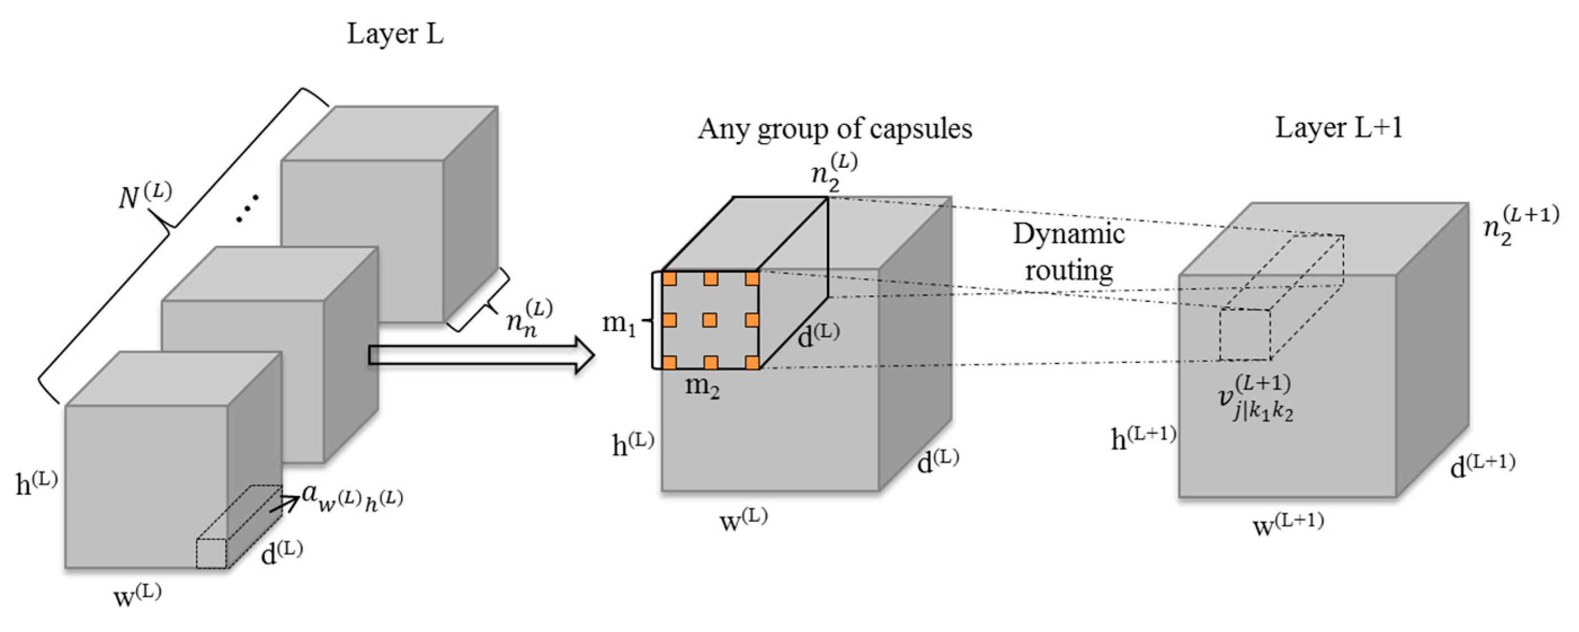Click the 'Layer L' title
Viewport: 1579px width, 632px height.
[x=395, y=34]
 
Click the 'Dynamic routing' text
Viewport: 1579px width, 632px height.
[x=1068, y=252]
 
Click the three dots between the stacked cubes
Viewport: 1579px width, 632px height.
[x=248, y=208]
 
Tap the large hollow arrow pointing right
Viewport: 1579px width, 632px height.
[x=481, y=355]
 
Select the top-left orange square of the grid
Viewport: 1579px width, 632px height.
[x=670, y=279]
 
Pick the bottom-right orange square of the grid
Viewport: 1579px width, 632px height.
[x=752, y=362]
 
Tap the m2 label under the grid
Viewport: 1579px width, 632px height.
[x=702, y=388]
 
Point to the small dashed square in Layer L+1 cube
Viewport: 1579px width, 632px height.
[x=1244, y=335]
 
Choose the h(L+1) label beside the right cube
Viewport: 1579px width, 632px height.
[x=1143, y=439]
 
